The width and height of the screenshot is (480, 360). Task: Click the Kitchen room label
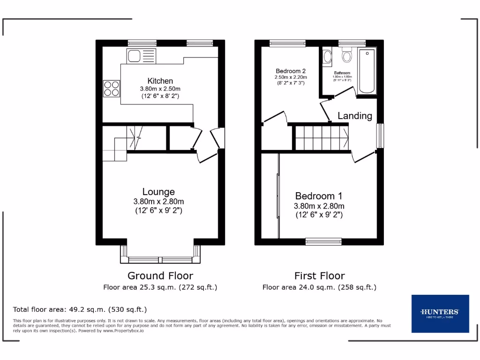click(x=160, y=81)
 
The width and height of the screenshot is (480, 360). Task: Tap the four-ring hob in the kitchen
click(x=111, y=88)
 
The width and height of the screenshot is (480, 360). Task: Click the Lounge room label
click(x=158, y=192)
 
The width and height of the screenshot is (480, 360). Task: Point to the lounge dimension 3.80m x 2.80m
click(x=158, y=202)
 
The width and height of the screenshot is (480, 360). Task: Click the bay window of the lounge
click(x=160, y=259)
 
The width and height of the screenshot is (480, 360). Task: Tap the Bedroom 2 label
click(x=291, y=71)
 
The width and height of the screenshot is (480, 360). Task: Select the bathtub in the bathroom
click(x=367, y=71)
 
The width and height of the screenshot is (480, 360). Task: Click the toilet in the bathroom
click(x=347, y=56)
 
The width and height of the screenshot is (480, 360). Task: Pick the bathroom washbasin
click(x=327, y=57)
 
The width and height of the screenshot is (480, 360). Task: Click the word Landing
click(x=355, y=116)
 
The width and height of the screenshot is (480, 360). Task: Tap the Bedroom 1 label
click(x=319, y=196)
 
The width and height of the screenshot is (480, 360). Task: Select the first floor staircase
click(x=322, y=137)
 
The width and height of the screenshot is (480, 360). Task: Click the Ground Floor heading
click(x=160, y=276)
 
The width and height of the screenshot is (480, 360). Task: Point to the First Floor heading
click(x=319, y=276)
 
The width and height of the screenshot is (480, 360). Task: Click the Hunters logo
click(x=440, y=314)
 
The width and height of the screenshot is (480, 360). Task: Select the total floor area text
click(x=80, y=309)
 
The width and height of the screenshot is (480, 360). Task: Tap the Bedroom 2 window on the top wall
click(x=287, y=43)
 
